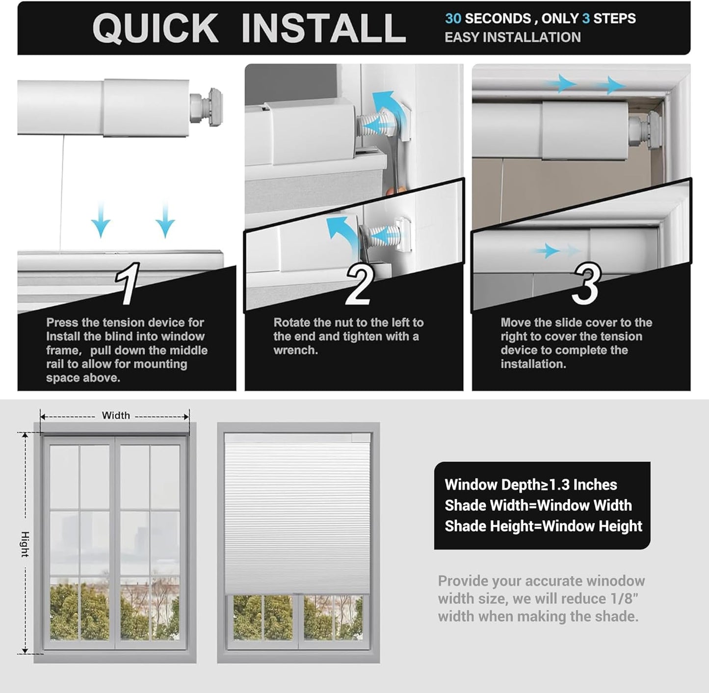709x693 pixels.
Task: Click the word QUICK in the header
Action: [155, 28]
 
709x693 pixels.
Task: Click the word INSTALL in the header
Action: [323, 28]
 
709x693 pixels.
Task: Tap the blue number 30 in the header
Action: [453, 19]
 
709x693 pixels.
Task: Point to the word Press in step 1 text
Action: [62, 322]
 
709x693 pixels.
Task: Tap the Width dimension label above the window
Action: [116, 415]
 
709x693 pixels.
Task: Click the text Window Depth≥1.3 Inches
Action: [530, 485]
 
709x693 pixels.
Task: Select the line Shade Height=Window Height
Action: [543, 526]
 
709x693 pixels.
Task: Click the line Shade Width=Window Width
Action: [538, 506]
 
